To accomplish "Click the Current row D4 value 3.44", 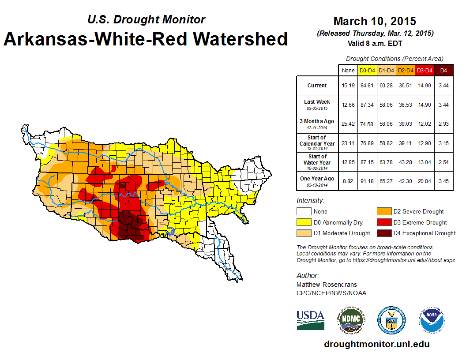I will [x=443, y=86].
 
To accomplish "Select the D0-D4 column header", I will [x=367, y=70].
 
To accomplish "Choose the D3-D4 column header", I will [x=425, y=70].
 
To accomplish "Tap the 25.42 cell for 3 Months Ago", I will [x=348, y=124].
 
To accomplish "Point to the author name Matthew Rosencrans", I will [x=327, y=285].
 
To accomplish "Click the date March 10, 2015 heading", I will [x=375, y=21].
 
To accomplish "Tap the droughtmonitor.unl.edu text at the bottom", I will [x=376, y=344].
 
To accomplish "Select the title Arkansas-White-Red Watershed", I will [x=146, y=39].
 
